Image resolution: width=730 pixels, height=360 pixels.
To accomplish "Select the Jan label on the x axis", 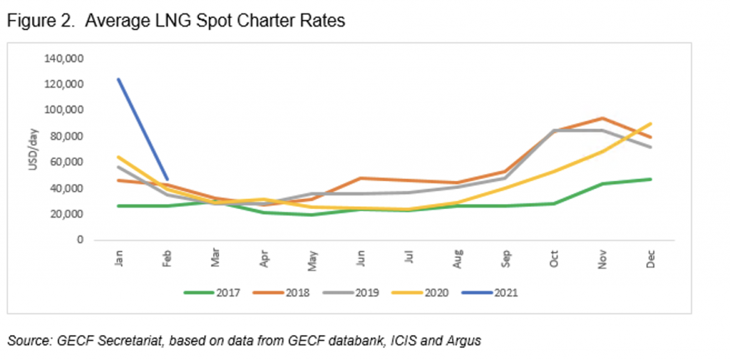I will pos(118,259).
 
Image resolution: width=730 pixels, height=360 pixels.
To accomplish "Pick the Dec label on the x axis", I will pos(650,259).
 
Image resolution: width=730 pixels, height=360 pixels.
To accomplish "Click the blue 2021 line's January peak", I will pos(118,79).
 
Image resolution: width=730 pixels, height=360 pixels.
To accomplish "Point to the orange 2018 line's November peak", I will pos(602,118).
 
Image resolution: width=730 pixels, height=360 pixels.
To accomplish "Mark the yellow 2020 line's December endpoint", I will pos(650,123).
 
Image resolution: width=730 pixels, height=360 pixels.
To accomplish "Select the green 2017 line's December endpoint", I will pos(650,179).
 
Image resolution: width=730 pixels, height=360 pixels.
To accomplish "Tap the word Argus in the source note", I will pos(464,341).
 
